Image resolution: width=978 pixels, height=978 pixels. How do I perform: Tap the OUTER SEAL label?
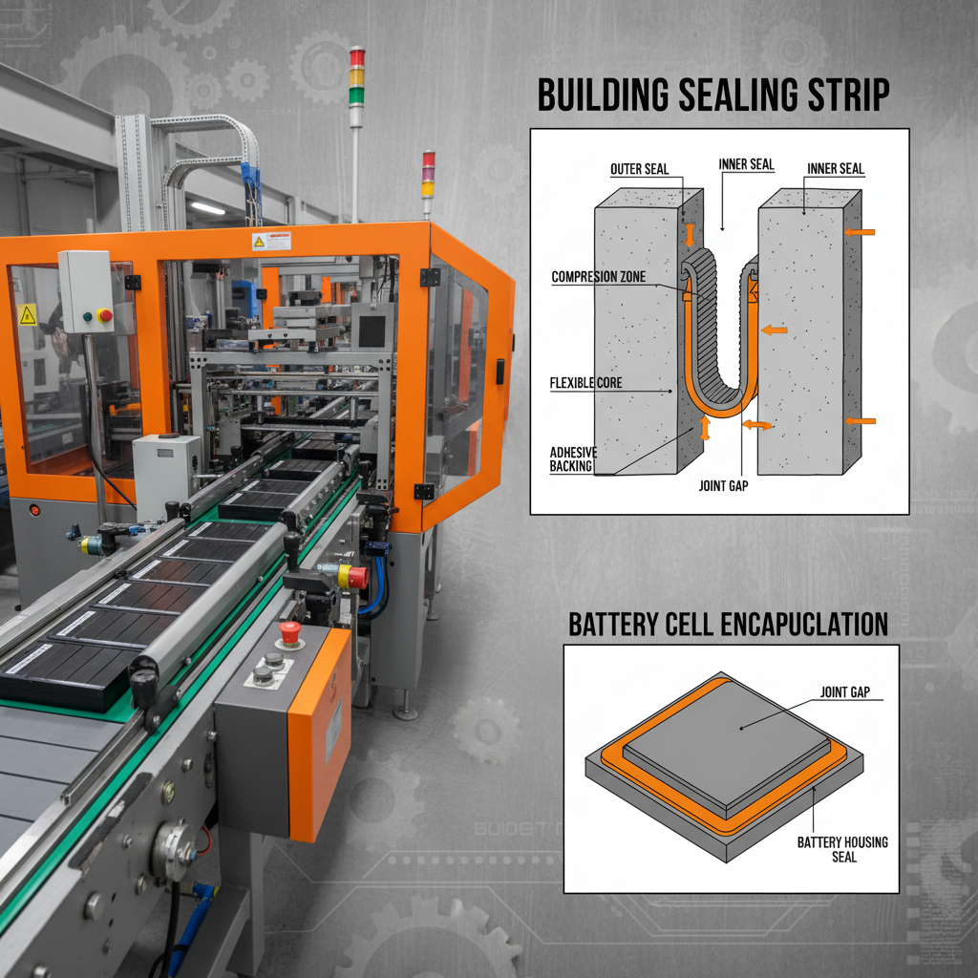(639, 170)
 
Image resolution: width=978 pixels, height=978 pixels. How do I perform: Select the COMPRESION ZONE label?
(598, 278)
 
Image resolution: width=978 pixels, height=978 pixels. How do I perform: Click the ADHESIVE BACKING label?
(570, 458)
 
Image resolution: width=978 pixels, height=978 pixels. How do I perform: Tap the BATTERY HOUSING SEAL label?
(841, 848)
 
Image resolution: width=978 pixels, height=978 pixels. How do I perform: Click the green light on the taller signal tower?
(356, 95)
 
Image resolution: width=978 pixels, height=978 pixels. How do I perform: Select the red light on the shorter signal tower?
(428, 159)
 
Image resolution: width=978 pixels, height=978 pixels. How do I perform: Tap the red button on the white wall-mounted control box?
(104, 314)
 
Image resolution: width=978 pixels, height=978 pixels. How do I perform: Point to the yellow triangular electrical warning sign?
(28, 313)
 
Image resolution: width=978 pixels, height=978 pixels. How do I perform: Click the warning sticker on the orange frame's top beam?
(271, 241)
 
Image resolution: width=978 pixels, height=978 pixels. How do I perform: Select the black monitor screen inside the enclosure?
(372, 330)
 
